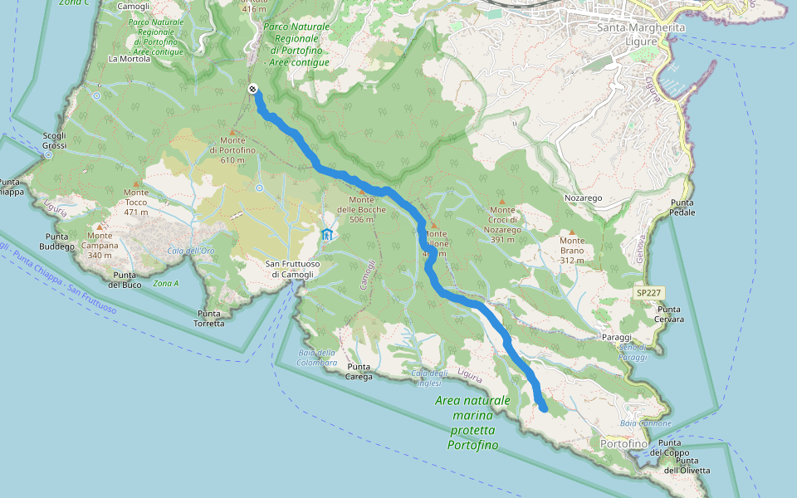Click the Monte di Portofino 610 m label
coord(232,155)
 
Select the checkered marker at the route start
coord(252,90)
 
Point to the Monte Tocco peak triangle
coord(136,183)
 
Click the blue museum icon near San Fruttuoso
coord(327,235)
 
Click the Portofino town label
coord(623,445)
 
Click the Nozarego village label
coord(583,199)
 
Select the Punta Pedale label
coord(682,207)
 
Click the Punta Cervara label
coord(669,314)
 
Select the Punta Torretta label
coord(210,318)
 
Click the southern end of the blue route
coord(543,408)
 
